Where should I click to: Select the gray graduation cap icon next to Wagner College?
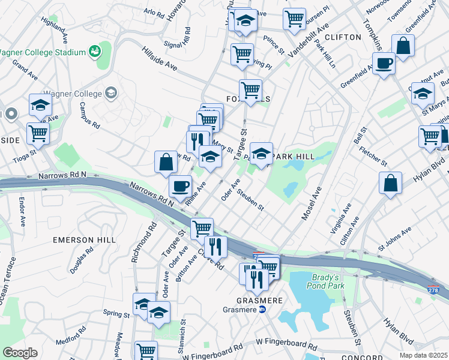click(110, 92)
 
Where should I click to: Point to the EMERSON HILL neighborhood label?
click(84, 240)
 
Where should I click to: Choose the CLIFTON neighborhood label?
click(344, 37)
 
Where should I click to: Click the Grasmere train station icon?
click(262, 310)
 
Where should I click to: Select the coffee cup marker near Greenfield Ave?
click(384, 62)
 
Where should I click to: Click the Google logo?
click(20, 353)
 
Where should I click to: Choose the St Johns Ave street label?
click(394, 238)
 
